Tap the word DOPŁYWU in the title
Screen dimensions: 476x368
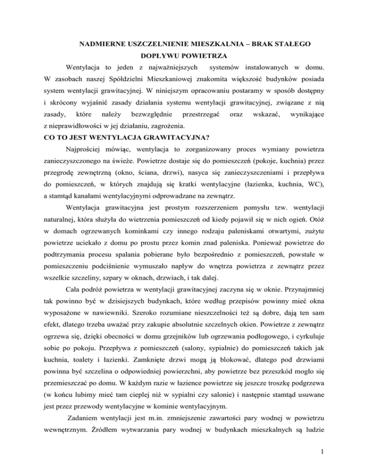[x=162, y=57]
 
